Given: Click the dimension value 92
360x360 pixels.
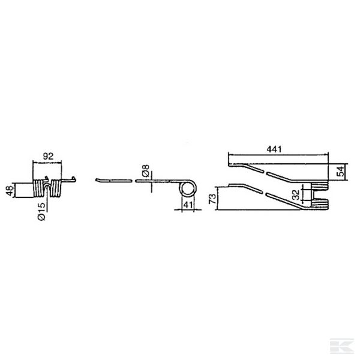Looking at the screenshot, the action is [x=48, y=156].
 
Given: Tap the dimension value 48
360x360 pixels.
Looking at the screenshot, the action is [x=10, y=191].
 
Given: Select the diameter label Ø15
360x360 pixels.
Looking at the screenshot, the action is [x=42, y=212].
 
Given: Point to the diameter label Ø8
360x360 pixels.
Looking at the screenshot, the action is [x=146, y=170].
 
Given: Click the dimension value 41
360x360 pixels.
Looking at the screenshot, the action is [x=188, y=205].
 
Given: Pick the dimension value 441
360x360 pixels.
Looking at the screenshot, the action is [x=274, y=149].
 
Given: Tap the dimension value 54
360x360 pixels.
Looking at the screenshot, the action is [x=340, y=171].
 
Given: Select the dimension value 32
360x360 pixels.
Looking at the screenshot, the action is [x=296, y=195].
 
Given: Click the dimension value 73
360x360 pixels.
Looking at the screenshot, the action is [x=213, y=199].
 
